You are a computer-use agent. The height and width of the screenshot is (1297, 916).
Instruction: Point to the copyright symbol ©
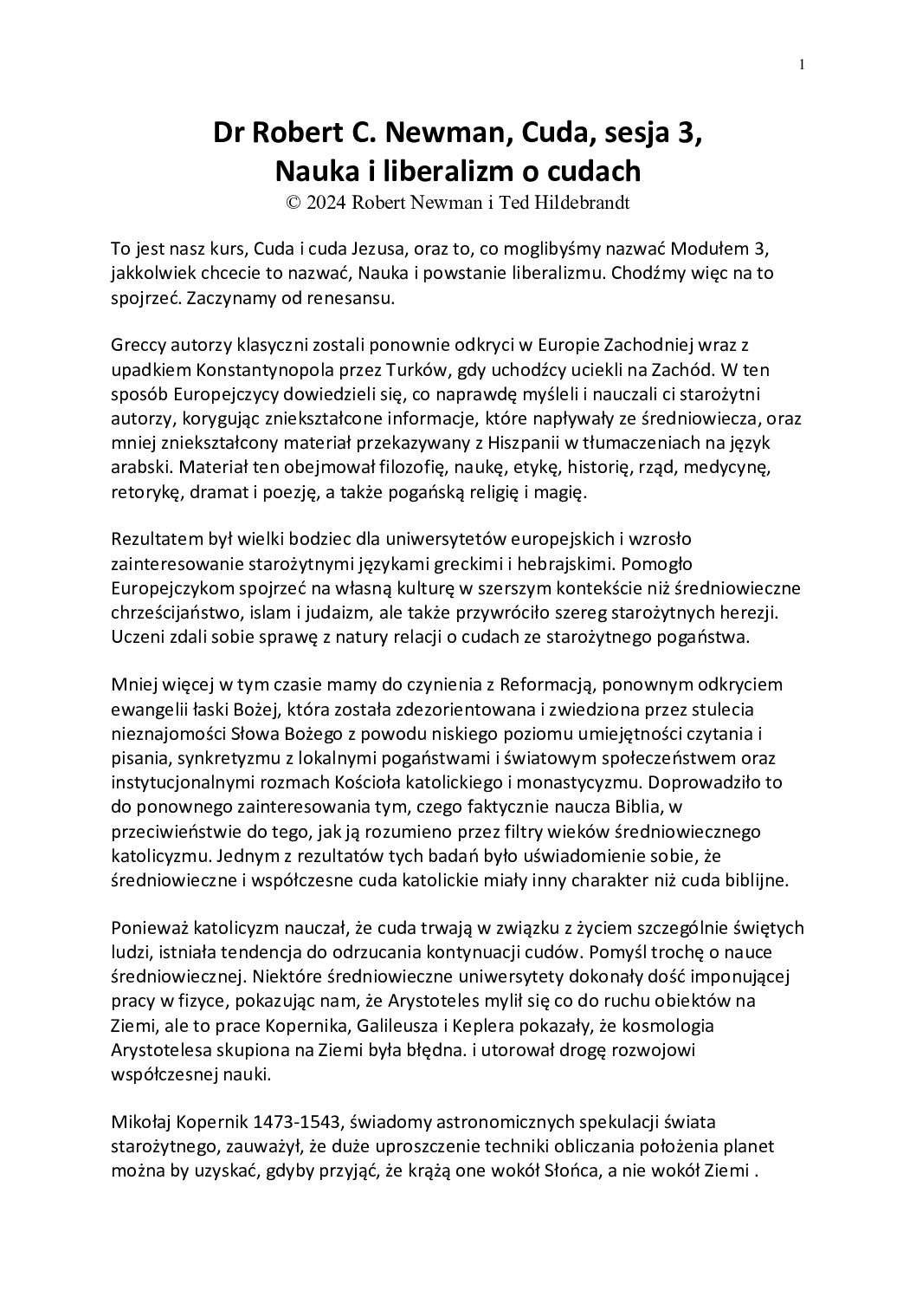293,202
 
